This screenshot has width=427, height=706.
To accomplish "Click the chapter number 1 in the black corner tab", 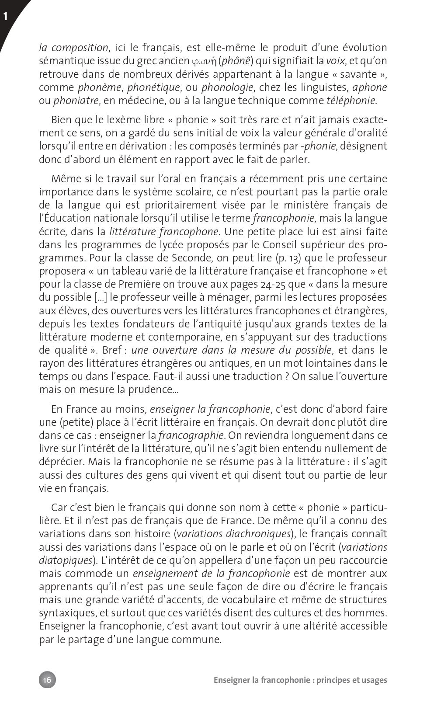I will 6,17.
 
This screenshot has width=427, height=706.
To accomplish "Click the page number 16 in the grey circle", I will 47,679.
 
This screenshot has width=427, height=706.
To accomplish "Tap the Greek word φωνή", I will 204,61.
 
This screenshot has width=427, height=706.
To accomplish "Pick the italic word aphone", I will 369,87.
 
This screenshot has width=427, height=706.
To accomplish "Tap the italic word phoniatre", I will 76,101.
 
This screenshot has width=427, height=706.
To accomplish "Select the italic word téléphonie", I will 351,101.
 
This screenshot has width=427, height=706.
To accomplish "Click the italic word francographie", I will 191,435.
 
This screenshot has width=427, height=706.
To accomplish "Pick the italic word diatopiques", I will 66,560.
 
